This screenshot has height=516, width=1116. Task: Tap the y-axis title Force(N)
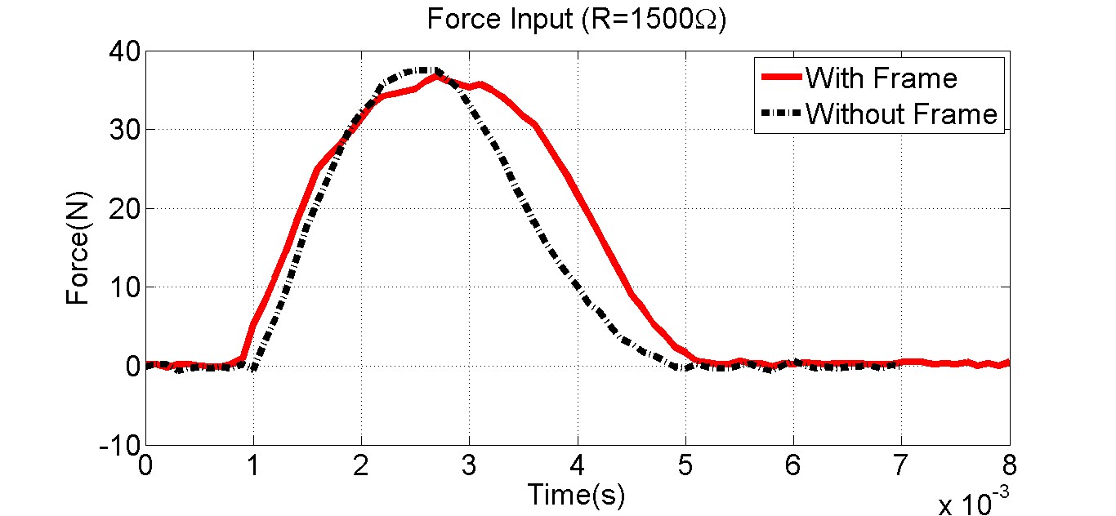78,247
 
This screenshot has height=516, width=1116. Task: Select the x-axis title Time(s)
576,494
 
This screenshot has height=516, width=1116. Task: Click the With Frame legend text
881,78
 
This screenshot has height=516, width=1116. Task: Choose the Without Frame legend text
901,114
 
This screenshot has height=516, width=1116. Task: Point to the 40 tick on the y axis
123,52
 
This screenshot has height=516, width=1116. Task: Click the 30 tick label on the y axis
123,131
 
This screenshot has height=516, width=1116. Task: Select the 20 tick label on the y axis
123,209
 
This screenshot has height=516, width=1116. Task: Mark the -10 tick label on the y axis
119,445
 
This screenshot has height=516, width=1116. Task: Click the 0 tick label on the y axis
132,367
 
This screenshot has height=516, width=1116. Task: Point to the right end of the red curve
1009,363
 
